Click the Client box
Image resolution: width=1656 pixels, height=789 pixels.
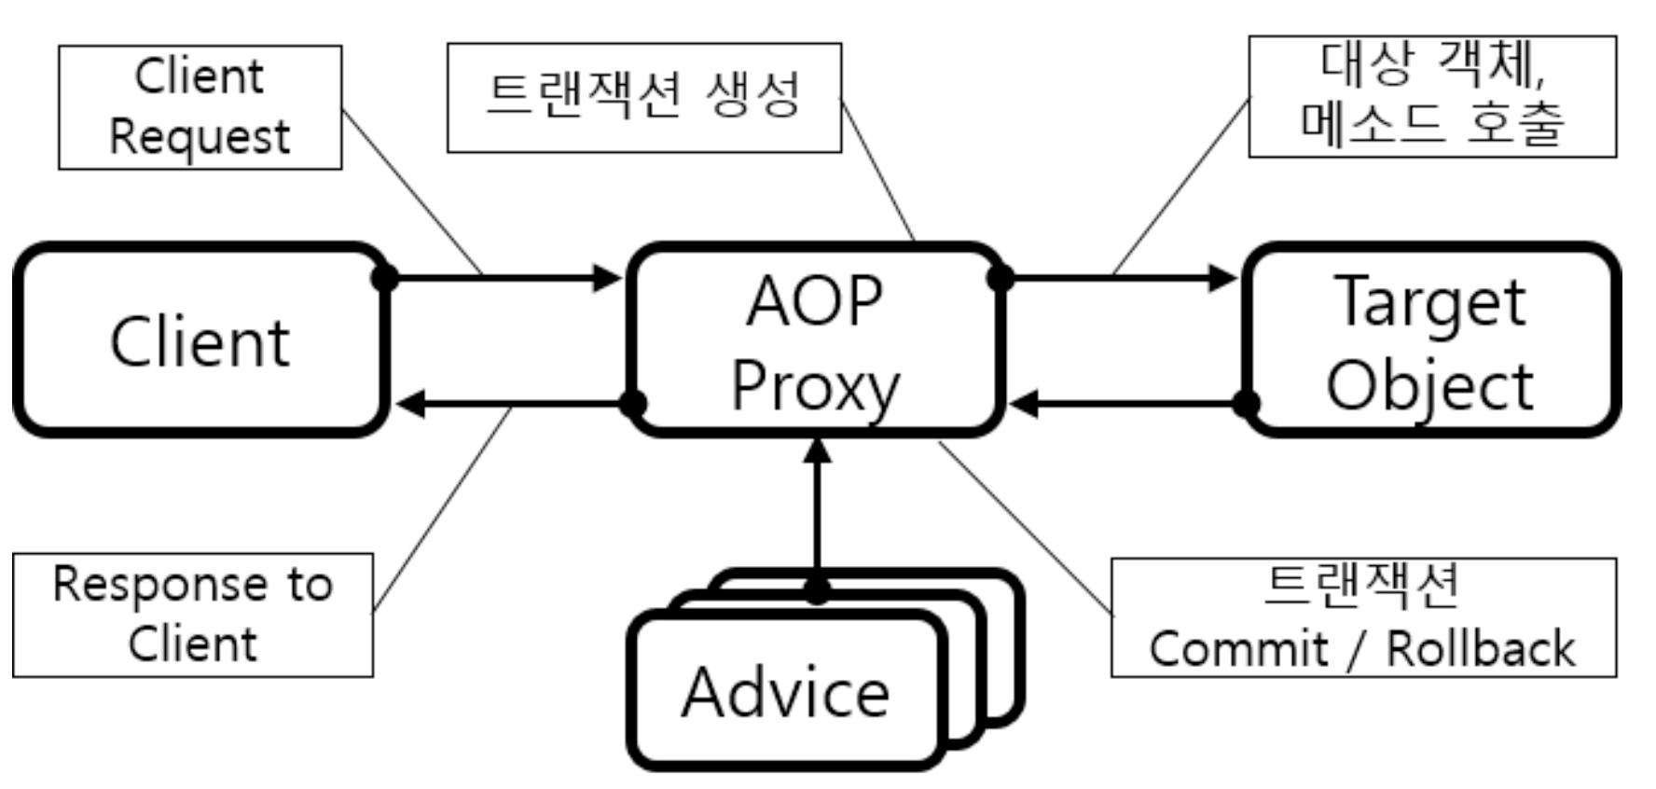pos(200,341)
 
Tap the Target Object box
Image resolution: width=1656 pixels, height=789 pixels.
pos(1431,341)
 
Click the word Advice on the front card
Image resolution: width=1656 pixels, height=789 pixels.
pos(785,693)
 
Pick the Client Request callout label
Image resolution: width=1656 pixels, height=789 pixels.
pos(200,107)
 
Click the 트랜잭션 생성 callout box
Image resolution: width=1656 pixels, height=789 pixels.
pos(643,97)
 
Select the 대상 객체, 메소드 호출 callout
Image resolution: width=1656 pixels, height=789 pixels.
pos(1431,96)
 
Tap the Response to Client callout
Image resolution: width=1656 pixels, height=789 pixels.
pos(192,615)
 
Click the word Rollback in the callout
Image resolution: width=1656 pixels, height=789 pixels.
pos(1480,648)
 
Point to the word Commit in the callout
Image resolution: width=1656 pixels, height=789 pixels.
pos(1238,648)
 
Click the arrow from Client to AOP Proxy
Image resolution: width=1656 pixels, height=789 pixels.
pos(504,277)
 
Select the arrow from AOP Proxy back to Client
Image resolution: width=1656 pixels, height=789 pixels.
pos(513,404)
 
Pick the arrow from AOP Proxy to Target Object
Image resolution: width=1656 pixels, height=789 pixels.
pos(1119,277)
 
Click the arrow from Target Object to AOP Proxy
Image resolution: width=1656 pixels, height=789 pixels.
pos(1128,404)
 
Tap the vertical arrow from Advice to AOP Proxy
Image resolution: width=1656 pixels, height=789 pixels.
pos(817,513)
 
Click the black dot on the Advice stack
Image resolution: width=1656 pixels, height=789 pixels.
pos(817,590)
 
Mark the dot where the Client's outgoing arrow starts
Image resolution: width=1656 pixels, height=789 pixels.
pos(384,277)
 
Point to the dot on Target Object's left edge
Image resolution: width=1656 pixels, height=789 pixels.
pos(1247,404)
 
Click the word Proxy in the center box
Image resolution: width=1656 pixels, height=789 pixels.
pos(815,386)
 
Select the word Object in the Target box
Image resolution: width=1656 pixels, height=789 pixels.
pos(1429,386)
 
